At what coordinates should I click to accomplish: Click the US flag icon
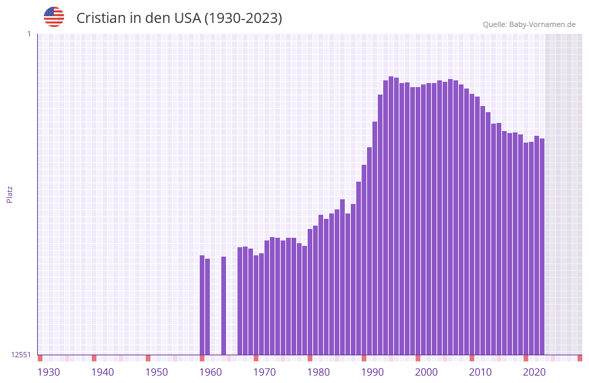pyautogui.click(x=54, y=17)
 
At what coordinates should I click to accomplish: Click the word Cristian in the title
pyautogui.click(x=101, y=18)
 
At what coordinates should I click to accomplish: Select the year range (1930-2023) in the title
pyautogui.click(x=243, y=18)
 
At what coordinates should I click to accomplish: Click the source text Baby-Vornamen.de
pyautogui.click(x=542, y=24)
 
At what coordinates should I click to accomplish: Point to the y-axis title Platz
pyautogui.click(x=9, y=194)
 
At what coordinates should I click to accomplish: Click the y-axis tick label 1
pyautogui.click(x=28, y=34)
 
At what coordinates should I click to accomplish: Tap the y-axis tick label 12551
pyautogui.click(x=22, y=355)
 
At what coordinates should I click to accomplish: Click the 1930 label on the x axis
pyautogui.click(x=49, y=372)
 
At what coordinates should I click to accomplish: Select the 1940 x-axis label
pyautogui.click(x=103, y=372)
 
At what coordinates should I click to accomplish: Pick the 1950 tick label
pyautogui.click(x=157, y=372)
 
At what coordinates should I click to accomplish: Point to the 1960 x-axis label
pyautogui.click(x=211, y=372)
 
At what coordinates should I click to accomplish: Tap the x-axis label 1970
pyautogui.click(x=264, y=372)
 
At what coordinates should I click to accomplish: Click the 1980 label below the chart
pyautogui.click(x=318, y=372)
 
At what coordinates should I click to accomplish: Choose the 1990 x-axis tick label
pyautogui.click(x=372, y=372)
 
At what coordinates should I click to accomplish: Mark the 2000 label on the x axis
pyautogui.click(x=426, y=372)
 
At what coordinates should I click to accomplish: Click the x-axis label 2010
pyautogui.click(x=480, y=372)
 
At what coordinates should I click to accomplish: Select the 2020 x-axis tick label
pyautogui.click(x=534, y=372)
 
